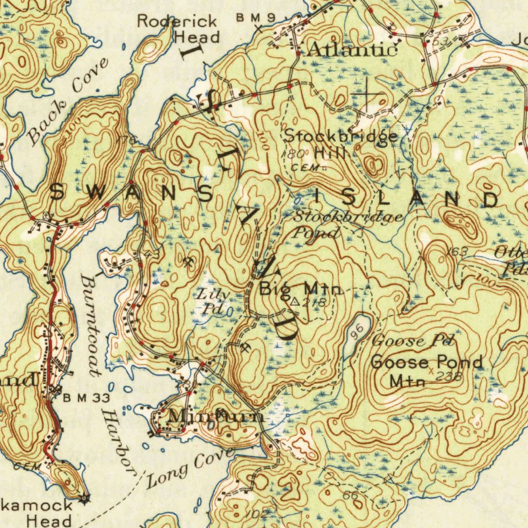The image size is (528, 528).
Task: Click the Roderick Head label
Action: coord(178,29)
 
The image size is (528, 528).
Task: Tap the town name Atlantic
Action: coord(352,49)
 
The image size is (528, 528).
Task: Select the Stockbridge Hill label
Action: coord(341,144)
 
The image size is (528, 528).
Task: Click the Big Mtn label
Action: coord(301,288)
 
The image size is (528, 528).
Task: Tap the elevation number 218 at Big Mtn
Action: coord(314,303)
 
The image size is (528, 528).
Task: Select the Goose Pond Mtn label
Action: coord(426,370)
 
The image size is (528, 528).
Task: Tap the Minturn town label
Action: coord(217,416)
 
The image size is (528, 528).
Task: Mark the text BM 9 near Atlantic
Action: coord(256,18)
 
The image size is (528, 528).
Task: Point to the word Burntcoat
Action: coord(91,325)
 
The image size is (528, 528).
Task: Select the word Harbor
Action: coord(117,441)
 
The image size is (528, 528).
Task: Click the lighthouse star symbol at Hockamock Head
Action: coord(85,498)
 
